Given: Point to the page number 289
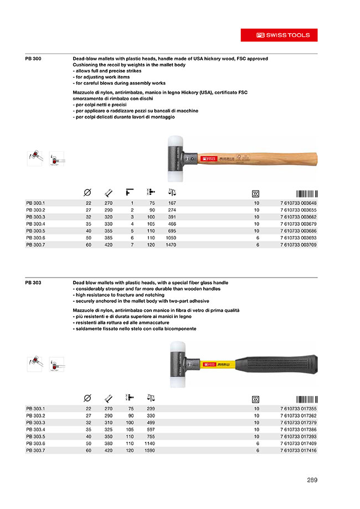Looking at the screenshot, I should point(312,480).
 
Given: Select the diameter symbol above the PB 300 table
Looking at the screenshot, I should point(87,193).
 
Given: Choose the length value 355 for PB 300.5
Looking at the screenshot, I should point(108,230).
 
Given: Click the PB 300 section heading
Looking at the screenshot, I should point(33,59).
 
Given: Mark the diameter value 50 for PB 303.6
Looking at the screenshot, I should point(88,443).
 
